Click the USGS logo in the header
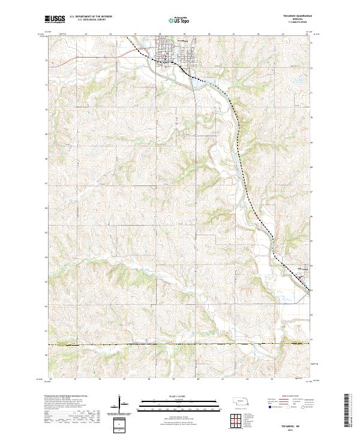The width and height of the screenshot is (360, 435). point(53,20)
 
